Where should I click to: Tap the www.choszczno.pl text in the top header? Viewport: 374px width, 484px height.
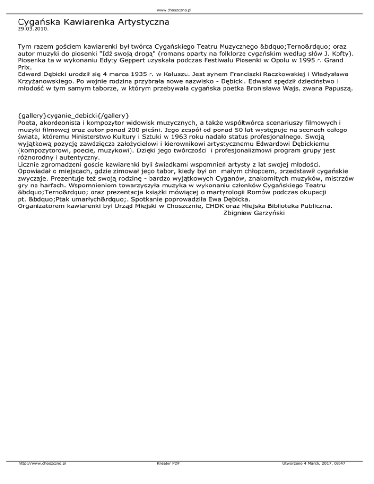(x=187, y=9)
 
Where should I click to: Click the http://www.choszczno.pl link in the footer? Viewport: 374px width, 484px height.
(x=43, y=477)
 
